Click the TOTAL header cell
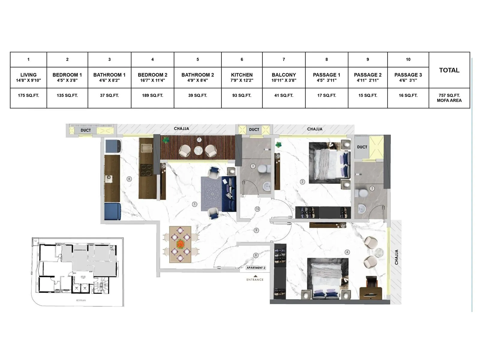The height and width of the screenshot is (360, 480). click(449, 70)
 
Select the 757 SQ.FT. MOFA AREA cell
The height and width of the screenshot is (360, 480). click(449, 98)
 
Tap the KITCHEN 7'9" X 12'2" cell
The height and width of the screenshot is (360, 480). click(242, 77)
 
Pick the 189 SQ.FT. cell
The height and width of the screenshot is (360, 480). click(152, 95)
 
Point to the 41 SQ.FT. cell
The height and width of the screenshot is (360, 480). click(284, 95)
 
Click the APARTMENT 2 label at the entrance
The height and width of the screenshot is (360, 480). click(256, 268)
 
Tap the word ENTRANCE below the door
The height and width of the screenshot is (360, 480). click(255, 280)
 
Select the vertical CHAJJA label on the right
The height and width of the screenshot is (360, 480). click(396, 257)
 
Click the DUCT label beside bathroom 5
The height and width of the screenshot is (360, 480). click(362, 147)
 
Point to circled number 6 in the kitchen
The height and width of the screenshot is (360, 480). click(129, 179)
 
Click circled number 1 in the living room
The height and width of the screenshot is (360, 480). click(194, 204)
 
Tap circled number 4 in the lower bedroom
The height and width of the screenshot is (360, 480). click(347, 252)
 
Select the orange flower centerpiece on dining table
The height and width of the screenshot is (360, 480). click(180, 244)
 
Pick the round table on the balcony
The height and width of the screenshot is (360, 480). click(198, 150)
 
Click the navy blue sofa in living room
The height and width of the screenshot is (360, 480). click(229, 194)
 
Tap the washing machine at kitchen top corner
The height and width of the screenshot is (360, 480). click(113, 146)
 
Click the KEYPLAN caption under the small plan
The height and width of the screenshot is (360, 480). click(81, 300)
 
